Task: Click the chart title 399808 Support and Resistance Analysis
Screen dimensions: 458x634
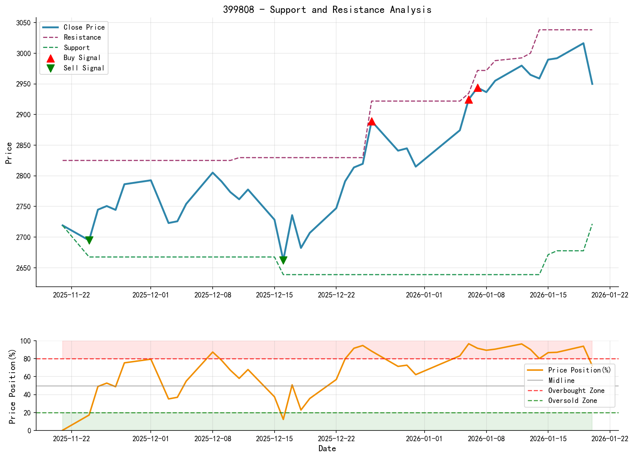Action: point(327,10)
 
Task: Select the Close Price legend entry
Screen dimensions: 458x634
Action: point(84,27)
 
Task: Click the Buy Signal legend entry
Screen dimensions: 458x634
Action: point(82,58)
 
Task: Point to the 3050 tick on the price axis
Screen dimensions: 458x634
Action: point(23,23)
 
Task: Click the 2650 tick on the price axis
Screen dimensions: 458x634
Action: point(23,268)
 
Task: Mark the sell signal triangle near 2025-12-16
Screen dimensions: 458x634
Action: point(283,260)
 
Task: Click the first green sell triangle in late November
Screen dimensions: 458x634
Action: point(89,240)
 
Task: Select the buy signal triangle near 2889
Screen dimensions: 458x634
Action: point(372,122)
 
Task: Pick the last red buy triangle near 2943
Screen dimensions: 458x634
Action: point(478,88)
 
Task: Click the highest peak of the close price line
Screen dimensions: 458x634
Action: point(583,43)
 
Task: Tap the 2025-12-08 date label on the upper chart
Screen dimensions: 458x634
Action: point(213,295)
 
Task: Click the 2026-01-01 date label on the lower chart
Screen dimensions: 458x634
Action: point(424,439)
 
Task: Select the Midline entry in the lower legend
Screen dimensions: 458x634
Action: point(561,380)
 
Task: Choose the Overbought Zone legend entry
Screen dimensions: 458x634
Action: point(576,390)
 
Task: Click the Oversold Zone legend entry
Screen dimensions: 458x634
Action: point(572,400)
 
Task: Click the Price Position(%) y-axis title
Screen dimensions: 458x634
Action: point(13,385)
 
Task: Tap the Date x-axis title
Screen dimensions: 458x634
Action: point(327,448)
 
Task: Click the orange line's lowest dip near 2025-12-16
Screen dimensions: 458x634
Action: point(283,419)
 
